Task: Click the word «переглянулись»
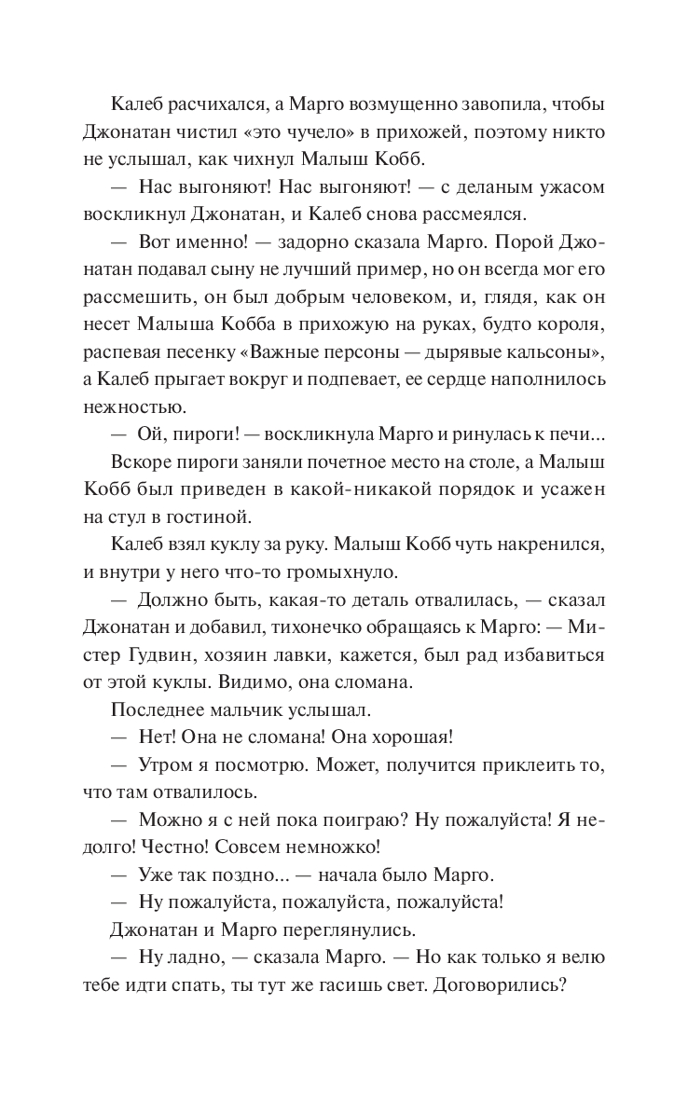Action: (348, 931)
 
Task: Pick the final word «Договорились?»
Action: (498, 988)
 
